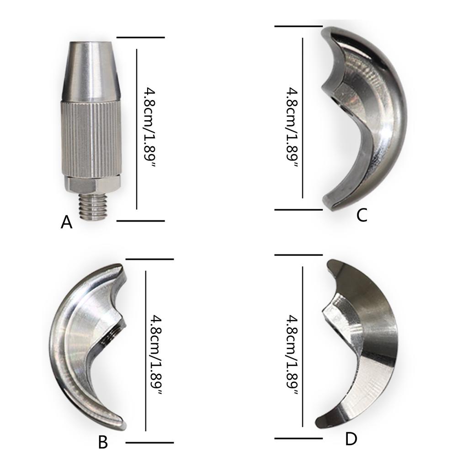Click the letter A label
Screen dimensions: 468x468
(66, 223)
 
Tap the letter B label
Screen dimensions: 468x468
(103, 442)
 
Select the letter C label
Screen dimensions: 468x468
(362, 215)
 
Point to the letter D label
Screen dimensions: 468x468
(351, 439)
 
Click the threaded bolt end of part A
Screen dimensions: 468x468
(92, 206)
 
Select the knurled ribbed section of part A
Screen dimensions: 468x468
(91, 138)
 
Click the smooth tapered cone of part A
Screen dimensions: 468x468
(91, 70)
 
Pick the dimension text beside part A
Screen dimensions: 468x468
(149, 128)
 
